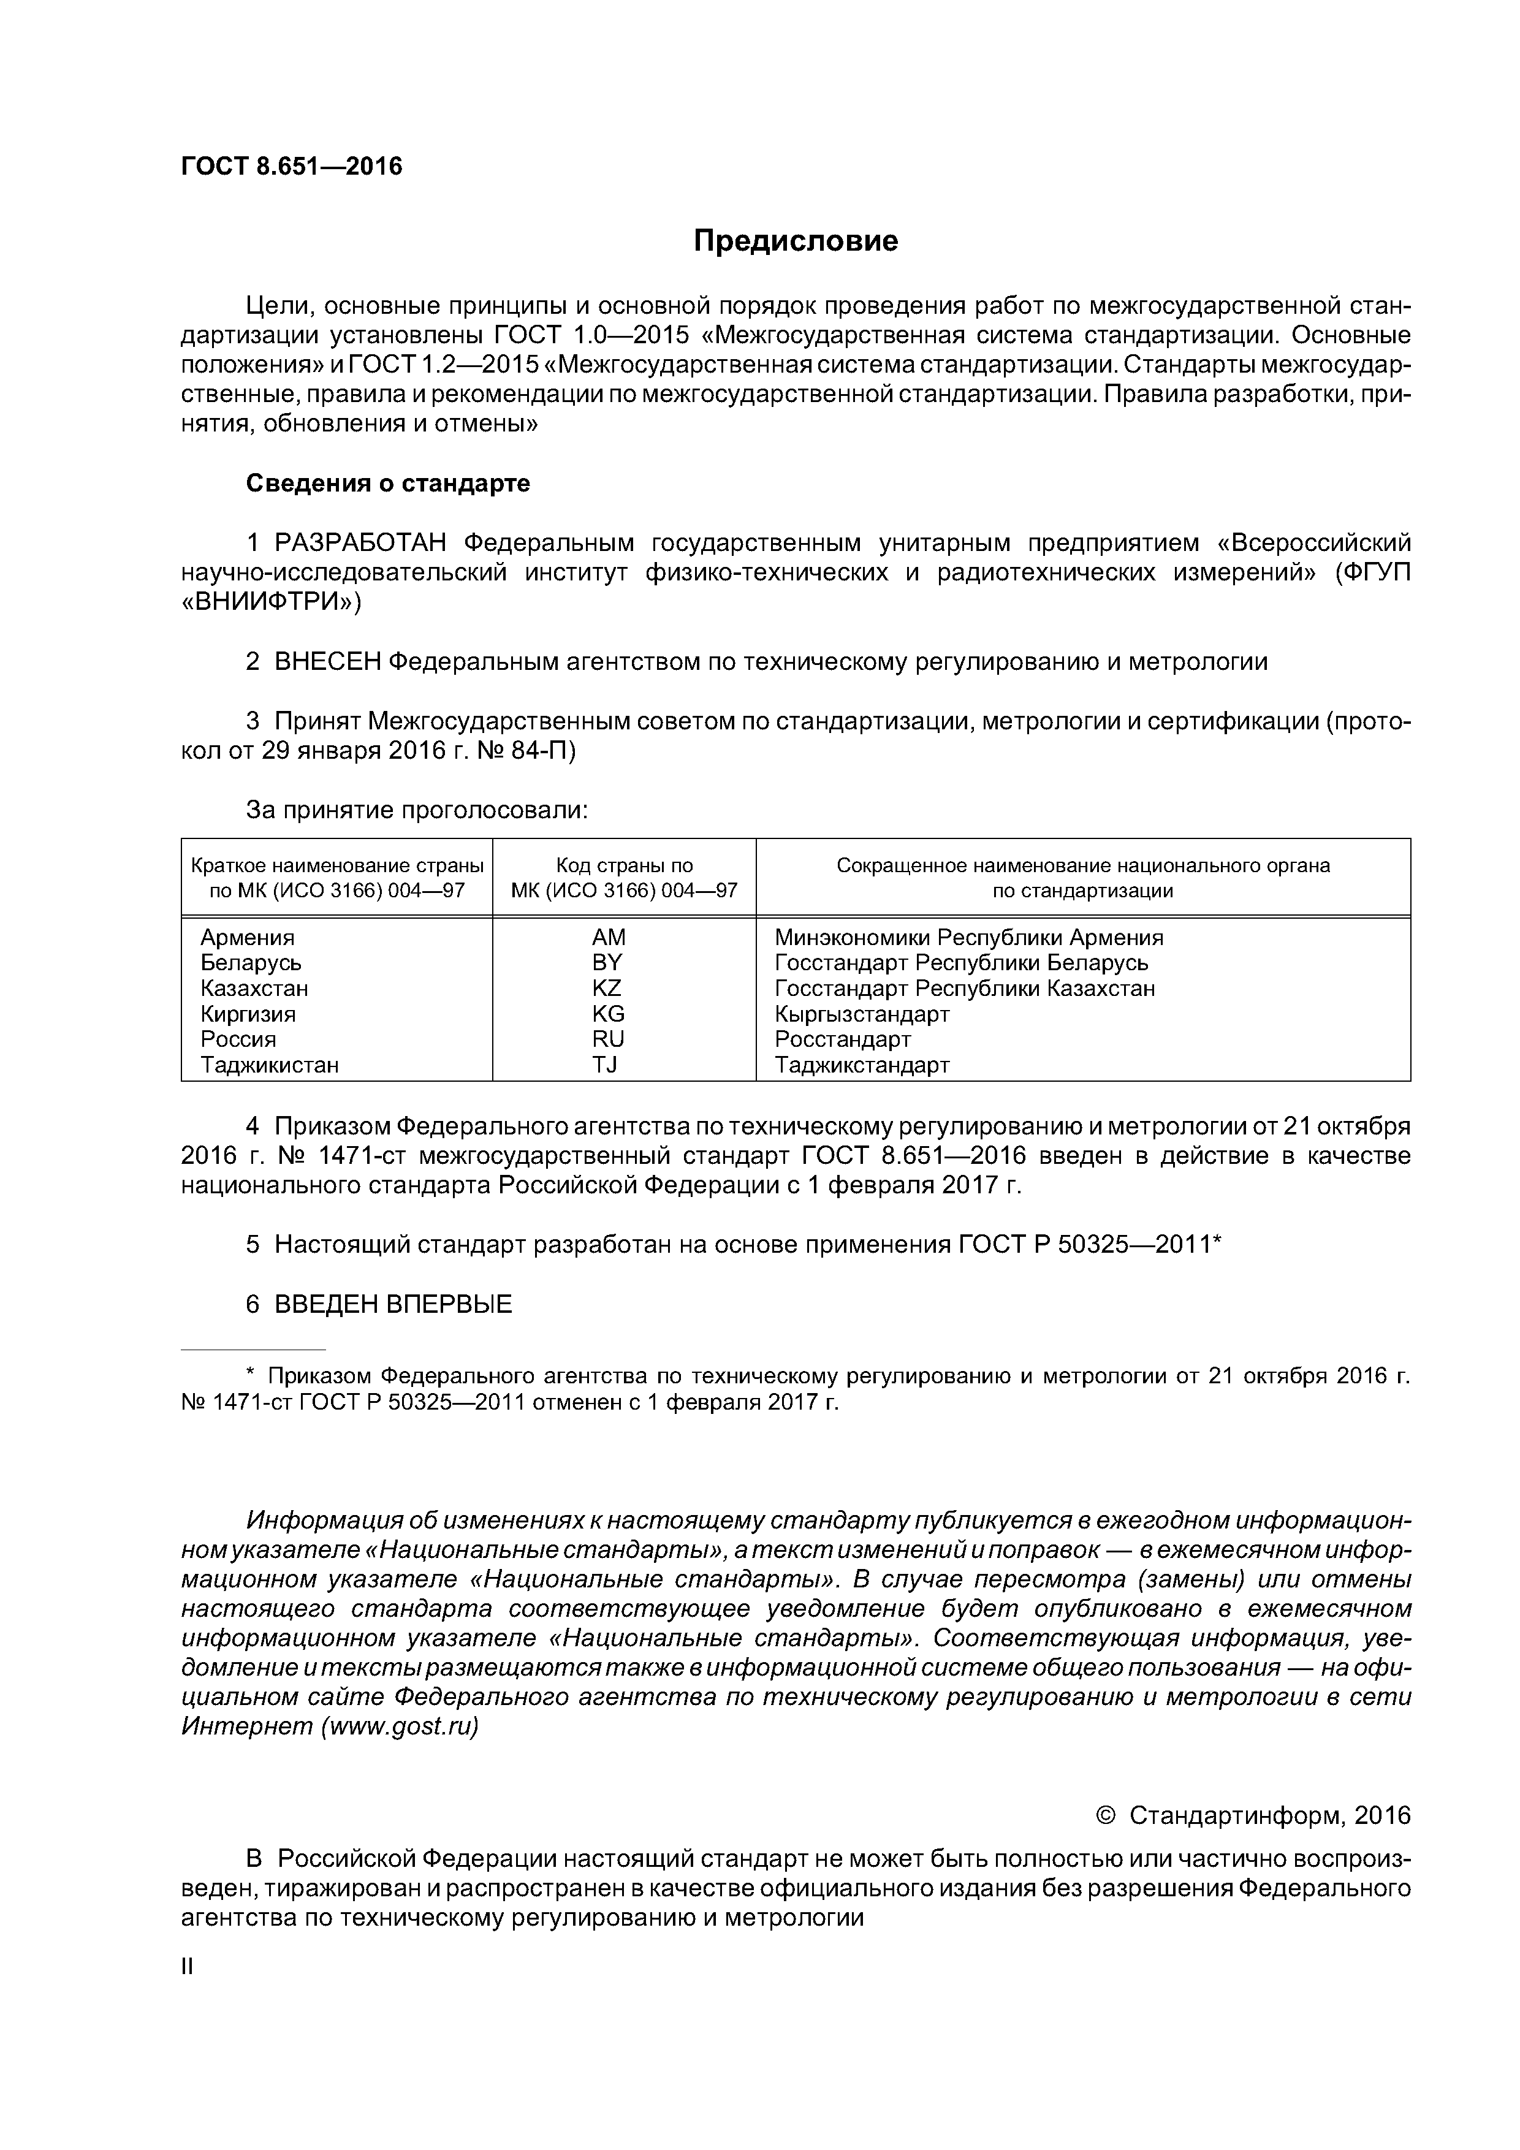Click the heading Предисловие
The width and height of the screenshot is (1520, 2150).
[795, 241]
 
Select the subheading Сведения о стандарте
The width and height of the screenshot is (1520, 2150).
[388, 483]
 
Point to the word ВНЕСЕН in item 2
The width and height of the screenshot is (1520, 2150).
[328, 662]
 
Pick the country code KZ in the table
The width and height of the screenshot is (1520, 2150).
[607, 988]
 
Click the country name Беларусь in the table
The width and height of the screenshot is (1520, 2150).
[251, 963]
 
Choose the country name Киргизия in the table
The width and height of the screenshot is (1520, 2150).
[248, 1014]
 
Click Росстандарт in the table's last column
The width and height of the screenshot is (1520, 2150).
[843, 1039]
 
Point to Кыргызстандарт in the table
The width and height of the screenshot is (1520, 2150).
[862, 1014]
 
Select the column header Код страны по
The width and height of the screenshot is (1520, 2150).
[625, 865]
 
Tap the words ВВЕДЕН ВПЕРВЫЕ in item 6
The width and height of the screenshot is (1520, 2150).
[393, 1304]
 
